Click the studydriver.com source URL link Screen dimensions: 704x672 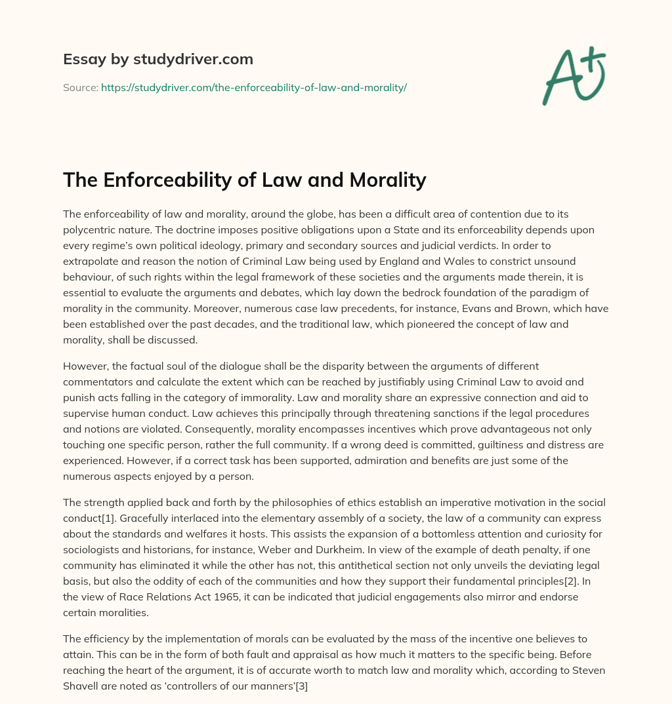[x=253, y=87]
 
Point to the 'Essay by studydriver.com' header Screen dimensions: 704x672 [x=157, y=59]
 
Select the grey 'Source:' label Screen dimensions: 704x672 [x=80, y=87]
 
